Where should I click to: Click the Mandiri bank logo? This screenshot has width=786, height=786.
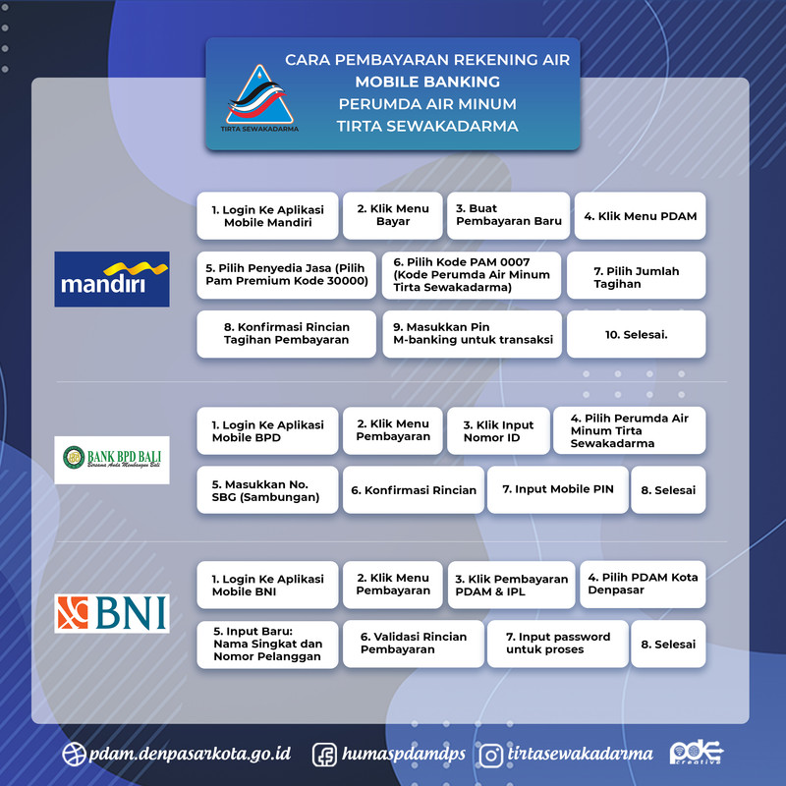tap(112, 278)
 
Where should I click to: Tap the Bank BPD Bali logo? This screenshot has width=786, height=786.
tap(112, 459)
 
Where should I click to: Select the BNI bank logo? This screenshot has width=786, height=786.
tap(112, 612)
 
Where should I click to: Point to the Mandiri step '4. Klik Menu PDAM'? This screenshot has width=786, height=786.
tap(640, 216)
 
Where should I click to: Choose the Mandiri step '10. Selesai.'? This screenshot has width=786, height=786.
tap(636, 334)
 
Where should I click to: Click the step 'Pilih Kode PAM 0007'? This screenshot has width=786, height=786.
tap(472, 275)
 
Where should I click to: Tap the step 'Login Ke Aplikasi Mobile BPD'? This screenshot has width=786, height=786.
tap(267, 431)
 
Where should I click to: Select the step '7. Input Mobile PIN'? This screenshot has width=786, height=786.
tap(556, 489)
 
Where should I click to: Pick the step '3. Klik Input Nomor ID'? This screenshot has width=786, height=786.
tap(498, 431)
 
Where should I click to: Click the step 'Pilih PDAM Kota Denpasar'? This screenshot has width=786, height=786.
tap(643, 585)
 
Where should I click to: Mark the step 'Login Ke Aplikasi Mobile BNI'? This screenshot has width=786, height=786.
tap(267, 586)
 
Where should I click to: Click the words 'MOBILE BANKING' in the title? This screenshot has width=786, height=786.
tap(427, 82)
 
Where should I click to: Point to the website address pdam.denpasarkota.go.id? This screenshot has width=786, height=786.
tap(189, 755)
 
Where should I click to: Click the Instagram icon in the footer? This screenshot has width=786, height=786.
tap(491, 755)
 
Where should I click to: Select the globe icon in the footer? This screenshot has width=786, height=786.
tap(73, 755)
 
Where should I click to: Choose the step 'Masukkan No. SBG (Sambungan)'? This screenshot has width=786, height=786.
tap(267, 489)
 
